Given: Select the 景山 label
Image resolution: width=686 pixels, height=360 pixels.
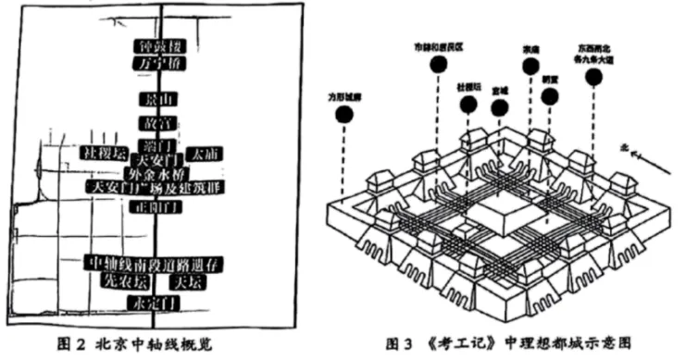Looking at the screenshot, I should click(x=154, y=98).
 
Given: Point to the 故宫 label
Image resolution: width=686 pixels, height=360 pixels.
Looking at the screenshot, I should click(x=154, y=122).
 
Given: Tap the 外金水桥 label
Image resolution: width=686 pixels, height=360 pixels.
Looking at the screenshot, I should click(x=154, y=172).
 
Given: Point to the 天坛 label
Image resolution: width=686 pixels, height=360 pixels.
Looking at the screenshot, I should click(x=190, y=279).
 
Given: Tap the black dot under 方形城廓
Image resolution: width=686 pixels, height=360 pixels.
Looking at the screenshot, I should click(x=345, y=115).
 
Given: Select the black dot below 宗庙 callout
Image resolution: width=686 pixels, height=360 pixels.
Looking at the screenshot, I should click(x=530, y=66).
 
